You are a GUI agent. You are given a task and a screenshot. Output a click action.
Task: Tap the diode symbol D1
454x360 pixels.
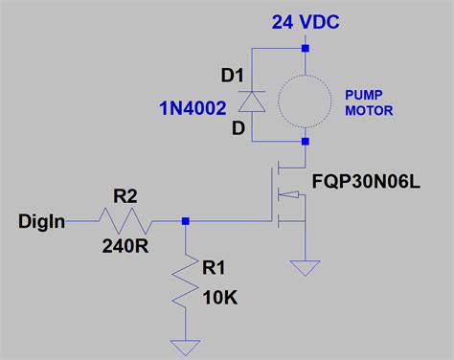(252, 100)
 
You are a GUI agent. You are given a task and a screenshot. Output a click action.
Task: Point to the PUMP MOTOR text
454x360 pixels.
(369, 101)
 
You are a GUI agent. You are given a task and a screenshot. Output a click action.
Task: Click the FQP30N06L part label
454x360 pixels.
(366, 179)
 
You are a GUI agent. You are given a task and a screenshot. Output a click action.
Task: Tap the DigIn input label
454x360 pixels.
(42, 222)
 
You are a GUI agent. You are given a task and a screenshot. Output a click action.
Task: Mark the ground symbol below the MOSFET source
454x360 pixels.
(306, 267)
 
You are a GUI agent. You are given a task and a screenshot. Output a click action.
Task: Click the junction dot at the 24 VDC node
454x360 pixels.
(306, 48)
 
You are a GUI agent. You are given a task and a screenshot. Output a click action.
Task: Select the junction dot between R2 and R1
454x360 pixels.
(186, 221)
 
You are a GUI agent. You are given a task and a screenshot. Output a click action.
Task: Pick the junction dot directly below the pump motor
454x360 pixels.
(306, 143)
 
